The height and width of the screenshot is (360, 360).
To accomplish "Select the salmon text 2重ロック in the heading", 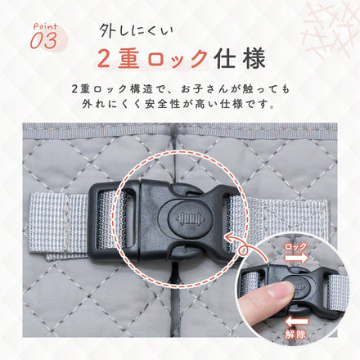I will point(151,59).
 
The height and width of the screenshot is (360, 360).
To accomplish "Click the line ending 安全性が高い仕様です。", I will point(180,106).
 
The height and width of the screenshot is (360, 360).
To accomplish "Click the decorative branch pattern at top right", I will point(331,29).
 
